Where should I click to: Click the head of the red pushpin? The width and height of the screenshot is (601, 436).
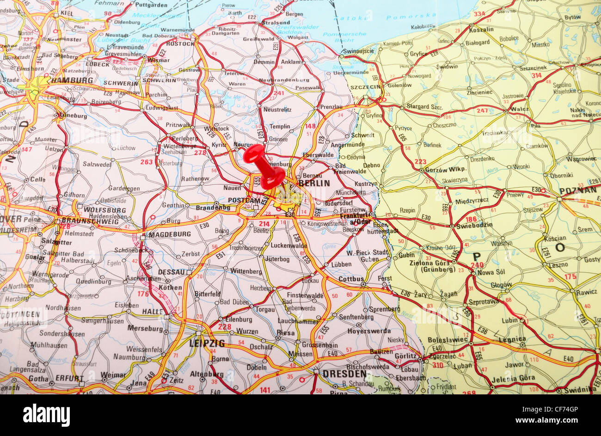(x=254, y=154)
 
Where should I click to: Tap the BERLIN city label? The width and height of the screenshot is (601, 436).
(x=314, y=183)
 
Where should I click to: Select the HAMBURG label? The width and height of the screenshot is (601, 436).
(x=72, y=80)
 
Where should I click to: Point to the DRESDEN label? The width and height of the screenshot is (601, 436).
(x=344, y=374)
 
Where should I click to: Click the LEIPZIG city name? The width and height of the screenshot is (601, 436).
(x=207, y=343)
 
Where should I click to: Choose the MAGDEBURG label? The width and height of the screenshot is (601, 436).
(x=169, y=234)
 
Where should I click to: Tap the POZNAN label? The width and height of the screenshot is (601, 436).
(x=578, y=190)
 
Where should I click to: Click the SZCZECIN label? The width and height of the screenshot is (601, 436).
(x=365, y=87)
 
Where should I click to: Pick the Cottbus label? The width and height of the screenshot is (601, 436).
(x=351, y=279)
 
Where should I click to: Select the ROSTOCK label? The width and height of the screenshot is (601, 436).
(x=180, y=44)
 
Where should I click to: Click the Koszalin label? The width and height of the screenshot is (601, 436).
(x=481, y=29)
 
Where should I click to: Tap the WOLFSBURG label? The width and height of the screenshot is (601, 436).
(x=105, y=209)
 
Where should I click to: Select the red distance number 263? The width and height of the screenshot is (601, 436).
(x=147, y=162)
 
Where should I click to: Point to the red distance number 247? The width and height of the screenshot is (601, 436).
(x=482, y=111)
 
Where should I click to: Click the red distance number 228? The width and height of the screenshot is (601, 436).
(x=224, y=327)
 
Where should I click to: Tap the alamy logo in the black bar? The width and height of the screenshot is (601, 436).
(x=46, y=415)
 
